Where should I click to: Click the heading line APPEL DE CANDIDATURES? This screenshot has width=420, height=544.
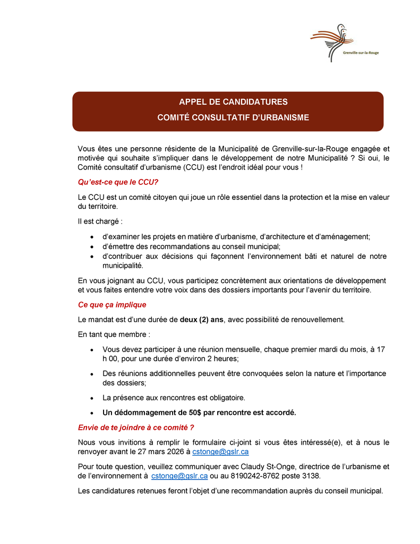pyautogui.click(x=233, y=101)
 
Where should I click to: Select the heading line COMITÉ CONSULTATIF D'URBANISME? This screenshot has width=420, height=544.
pyautogui.click(x=233, y=117)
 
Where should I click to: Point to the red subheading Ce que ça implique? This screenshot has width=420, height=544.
pyautogui.click(x=112, y=305)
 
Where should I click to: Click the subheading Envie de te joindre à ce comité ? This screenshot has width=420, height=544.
pyautogui.click(x=136, y=427)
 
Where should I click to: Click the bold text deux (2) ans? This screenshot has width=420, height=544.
pyautogui.click(x=202, y=320)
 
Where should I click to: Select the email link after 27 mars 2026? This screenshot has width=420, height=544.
pyautogui.click(x=220, y=452)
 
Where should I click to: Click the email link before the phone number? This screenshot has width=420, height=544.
pyautogui.click(x=179, y=476)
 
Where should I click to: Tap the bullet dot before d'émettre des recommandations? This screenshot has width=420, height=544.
pyautogui.click(x=92, y=246)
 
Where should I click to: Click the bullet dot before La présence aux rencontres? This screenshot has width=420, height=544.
pyautogui.click(x=92, y=397)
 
